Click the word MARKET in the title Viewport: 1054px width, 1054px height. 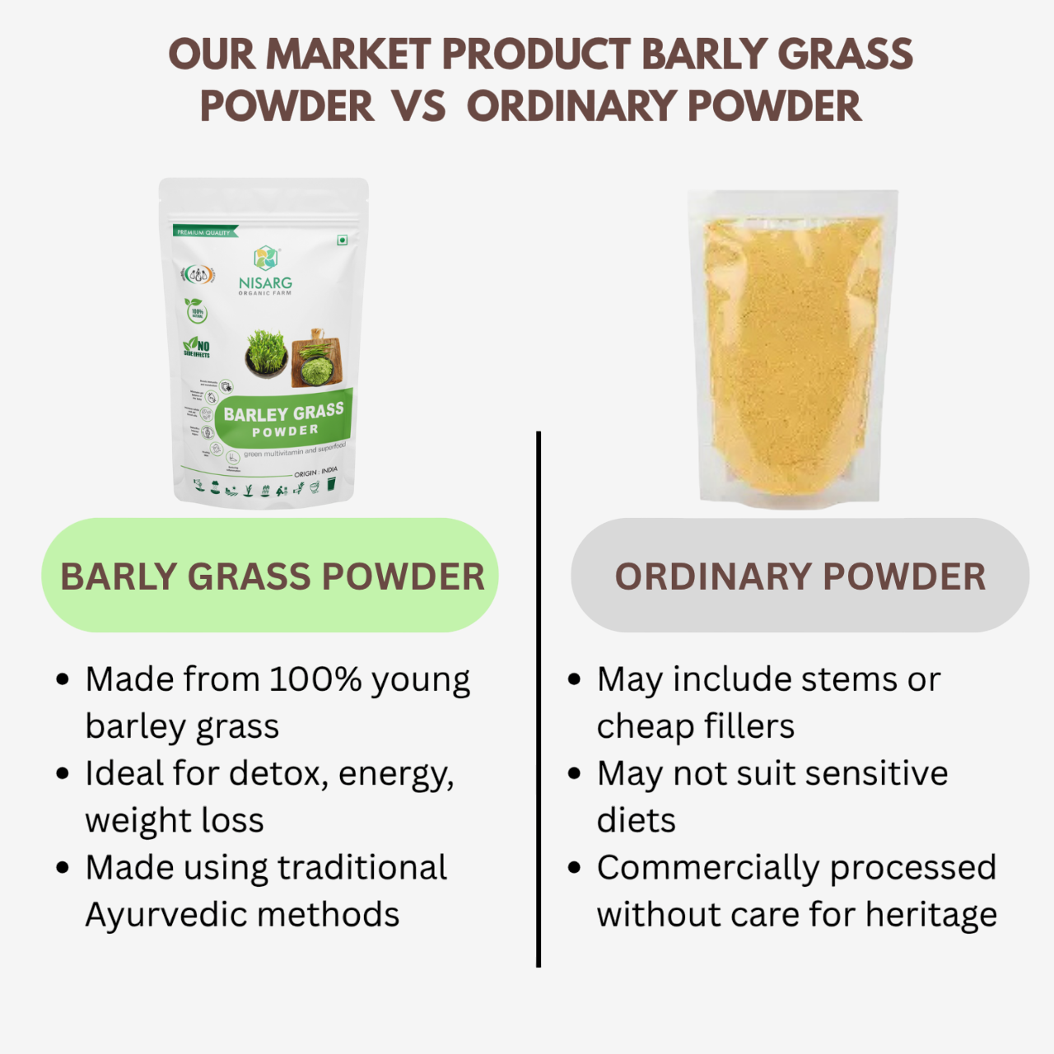[x=348, y=55]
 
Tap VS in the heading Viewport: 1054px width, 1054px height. [x=418, y=107]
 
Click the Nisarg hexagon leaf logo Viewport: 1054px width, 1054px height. [x=265, y=258]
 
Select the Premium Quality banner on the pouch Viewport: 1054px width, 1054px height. [x=204, y=232]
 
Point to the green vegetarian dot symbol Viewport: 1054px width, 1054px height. [x=342, y=240]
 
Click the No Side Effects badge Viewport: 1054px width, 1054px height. [x=197, y=347]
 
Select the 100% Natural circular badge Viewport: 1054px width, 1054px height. [x=197, y=312]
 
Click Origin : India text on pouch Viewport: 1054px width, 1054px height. [x=315, y=473]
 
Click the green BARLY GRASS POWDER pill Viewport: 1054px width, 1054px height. [x=270, y=576]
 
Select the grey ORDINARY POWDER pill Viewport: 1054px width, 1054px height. [x=800, y=576]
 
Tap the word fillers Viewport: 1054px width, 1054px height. [x=745, y=726]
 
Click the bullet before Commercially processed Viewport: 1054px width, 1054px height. [x=575, y=868]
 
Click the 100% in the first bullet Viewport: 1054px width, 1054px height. [x=315, y=680]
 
